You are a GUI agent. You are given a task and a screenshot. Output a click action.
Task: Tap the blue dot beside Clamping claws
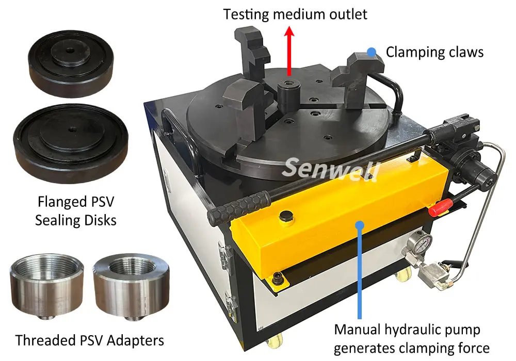(x=371, y=52)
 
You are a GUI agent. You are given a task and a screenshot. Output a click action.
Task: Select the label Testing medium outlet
(x=295, y=14)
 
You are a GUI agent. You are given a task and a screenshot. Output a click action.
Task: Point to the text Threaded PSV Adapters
(x=90, y=340)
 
